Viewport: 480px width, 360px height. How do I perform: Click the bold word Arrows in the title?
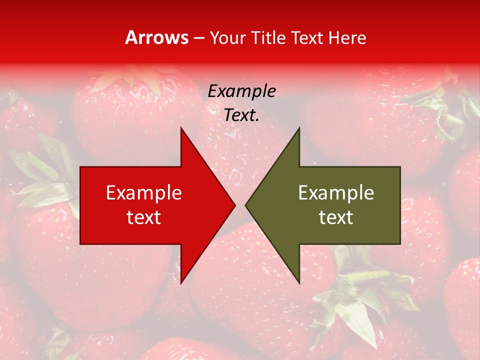tap(157, 37)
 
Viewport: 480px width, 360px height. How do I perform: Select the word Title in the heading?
tap(269, 38)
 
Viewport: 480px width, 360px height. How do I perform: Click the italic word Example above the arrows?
tap(241, 91)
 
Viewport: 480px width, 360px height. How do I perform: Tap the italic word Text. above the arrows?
tap(241, 115)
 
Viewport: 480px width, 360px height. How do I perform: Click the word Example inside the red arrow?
tap(144, 193)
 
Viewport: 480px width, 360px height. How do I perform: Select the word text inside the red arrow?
tap(144, 217)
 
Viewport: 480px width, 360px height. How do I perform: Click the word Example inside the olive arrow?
tap(336, 193)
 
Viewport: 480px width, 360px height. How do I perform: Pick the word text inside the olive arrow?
tap(336, 217)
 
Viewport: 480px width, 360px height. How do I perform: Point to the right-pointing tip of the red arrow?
tap(234, 205)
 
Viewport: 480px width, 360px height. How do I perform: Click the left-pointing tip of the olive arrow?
tap(246, 205)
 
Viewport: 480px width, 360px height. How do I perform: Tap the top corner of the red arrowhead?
tap(181, 128)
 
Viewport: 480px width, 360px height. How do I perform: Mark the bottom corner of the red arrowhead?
tap(181, 282)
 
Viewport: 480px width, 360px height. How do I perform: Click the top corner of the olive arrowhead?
tap(299, 128)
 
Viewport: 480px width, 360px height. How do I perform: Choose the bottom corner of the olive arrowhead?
tap(299, 282)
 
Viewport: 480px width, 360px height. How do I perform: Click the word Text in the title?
tap(307, 38)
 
